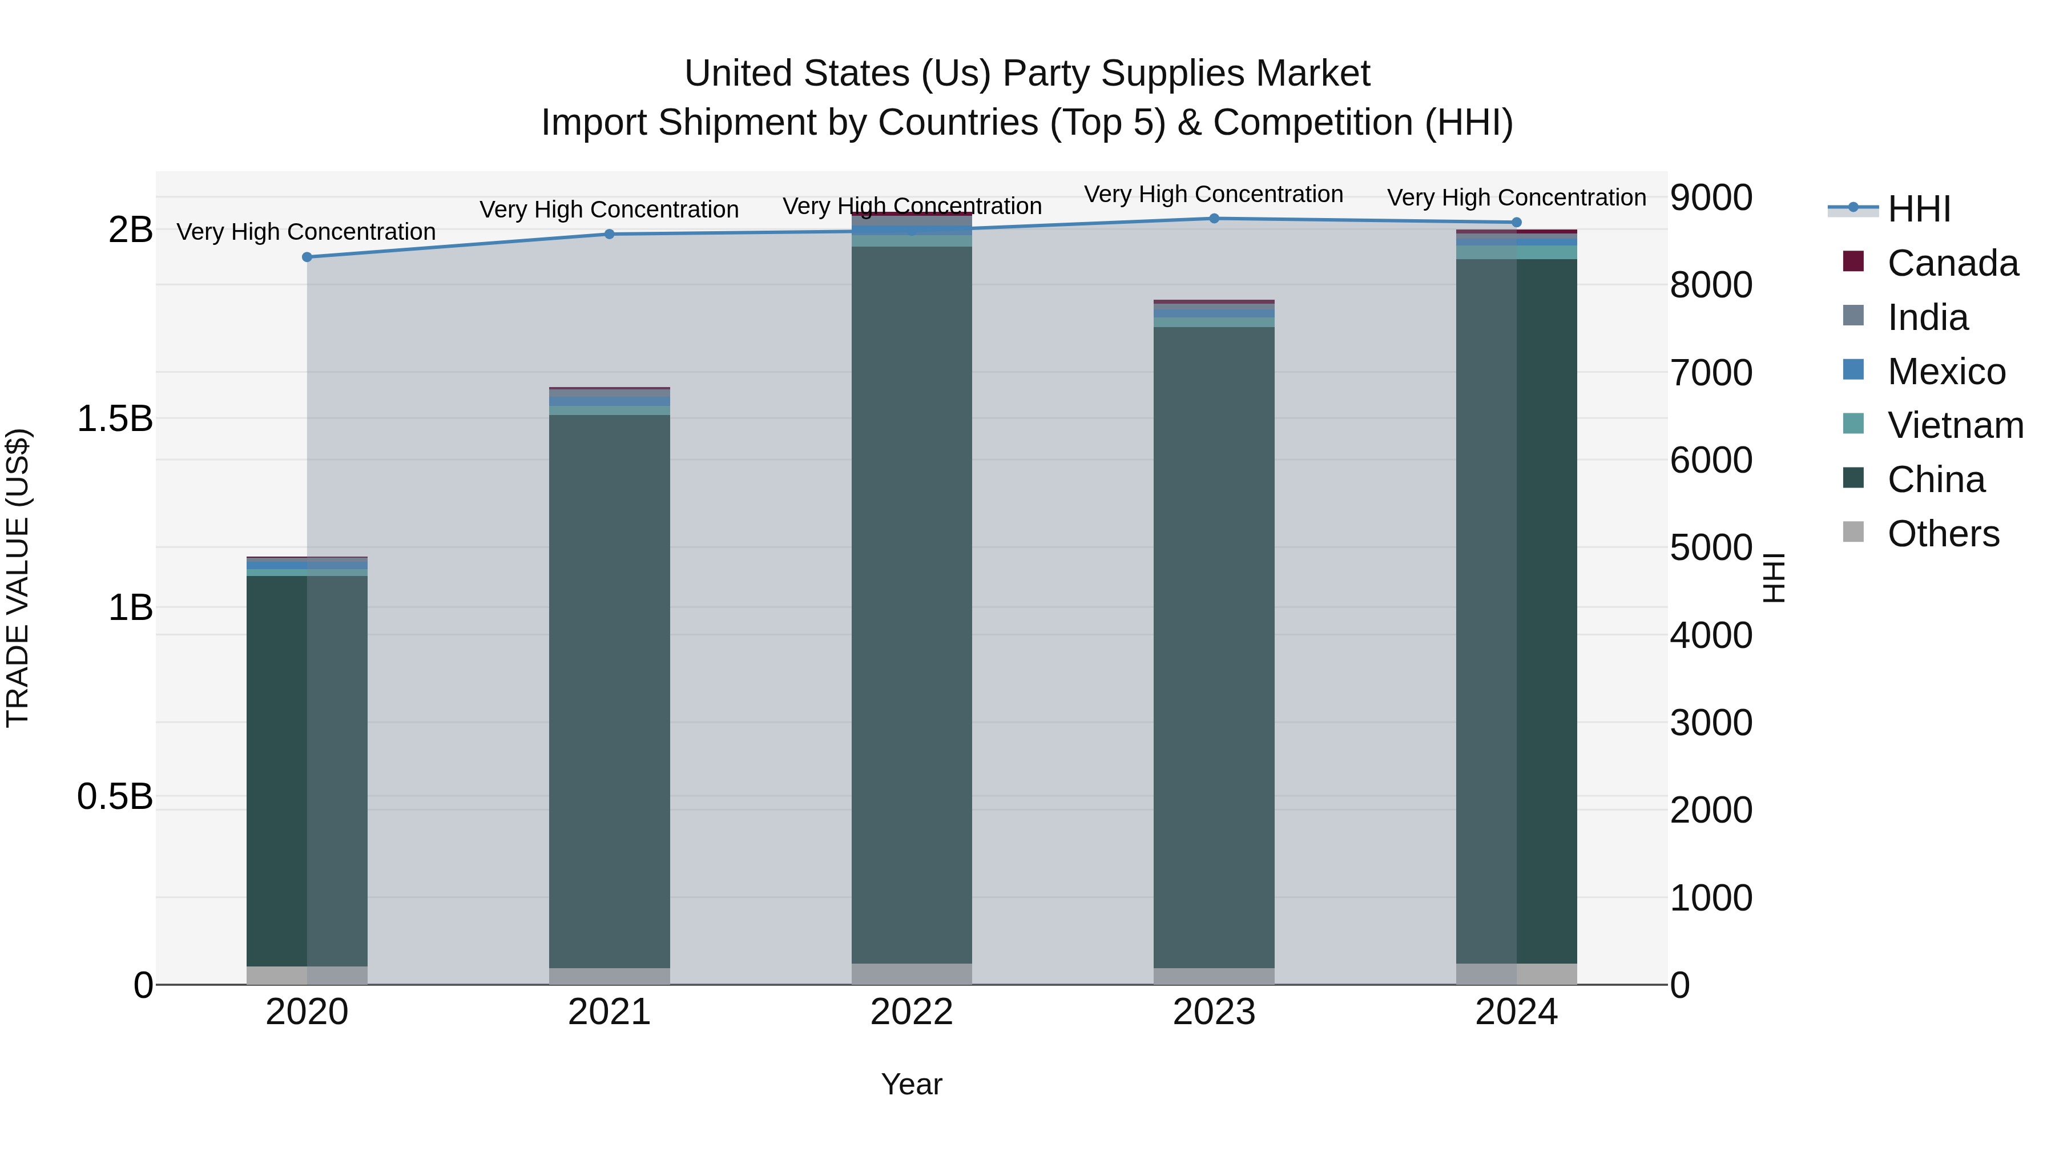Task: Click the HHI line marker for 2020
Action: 307,257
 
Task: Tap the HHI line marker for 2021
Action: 610,233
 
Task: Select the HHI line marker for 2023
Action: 1214,218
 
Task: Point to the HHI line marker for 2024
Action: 1517,222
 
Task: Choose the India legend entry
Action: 1927,317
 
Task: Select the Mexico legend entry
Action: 1946,372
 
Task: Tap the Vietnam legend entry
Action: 1955,425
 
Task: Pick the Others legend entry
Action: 1943,534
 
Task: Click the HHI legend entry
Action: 1919,209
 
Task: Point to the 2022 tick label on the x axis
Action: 911,1012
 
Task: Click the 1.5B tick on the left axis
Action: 115,419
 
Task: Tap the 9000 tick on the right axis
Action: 1711,198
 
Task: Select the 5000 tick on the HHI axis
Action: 1711,548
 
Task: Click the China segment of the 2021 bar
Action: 610,691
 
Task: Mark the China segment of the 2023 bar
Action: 1214,647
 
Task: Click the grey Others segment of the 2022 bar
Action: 912,973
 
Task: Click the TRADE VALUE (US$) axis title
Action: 18,578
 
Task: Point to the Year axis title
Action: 911,1084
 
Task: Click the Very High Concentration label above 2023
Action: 1214,194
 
